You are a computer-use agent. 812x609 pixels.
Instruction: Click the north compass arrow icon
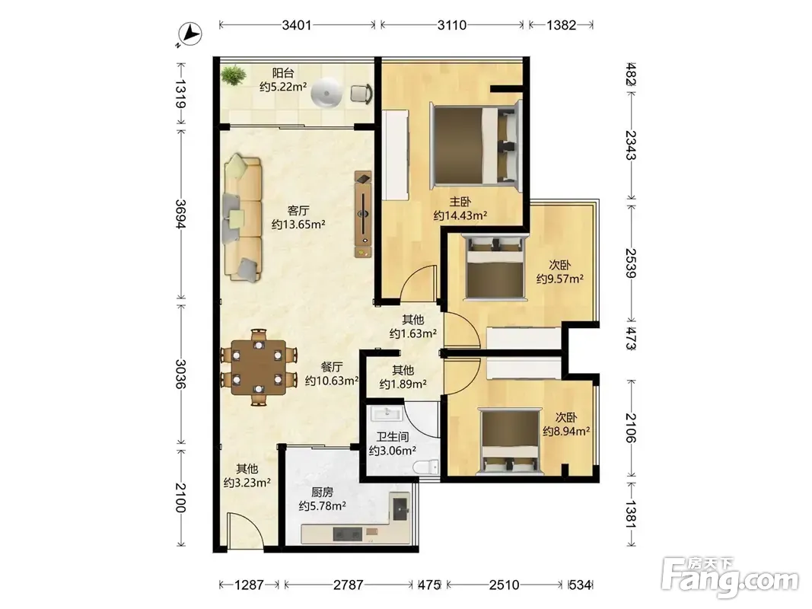click(189, 35)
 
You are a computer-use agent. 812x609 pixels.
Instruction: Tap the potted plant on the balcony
click(234, 75)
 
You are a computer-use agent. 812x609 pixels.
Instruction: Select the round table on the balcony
click(326, 93)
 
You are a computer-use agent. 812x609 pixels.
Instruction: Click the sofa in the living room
click(242, 218)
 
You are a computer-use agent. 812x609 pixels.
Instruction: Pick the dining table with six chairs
click(259, 367)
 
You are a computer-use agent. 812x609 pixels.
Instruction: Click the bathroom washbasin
click(387, 413)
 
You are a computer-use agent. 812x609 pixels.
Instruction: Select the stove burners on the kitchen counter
click(348, 534)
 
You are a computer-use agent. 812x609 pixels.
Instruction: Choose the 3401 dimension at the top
click(297, 25)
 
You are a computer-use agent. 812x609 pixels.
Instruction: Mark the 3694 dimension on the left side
click(180, 214)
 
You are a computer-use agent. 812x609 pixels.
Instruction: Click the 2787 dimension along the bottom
click(348, 585)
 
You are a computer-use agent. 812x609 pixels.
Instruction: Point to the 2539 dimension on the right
click(631, 263)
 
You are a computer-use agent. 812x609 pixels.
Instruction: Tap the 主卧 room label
click(460, 201)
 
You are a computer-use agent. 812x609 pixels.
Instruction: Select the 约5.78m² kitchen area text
click(322, 506)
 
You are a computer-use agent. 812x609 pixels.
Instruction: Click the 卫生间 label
click(392, 436)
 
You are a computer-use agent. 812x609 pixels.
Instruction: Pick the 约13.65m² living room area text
click(298, 225)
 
